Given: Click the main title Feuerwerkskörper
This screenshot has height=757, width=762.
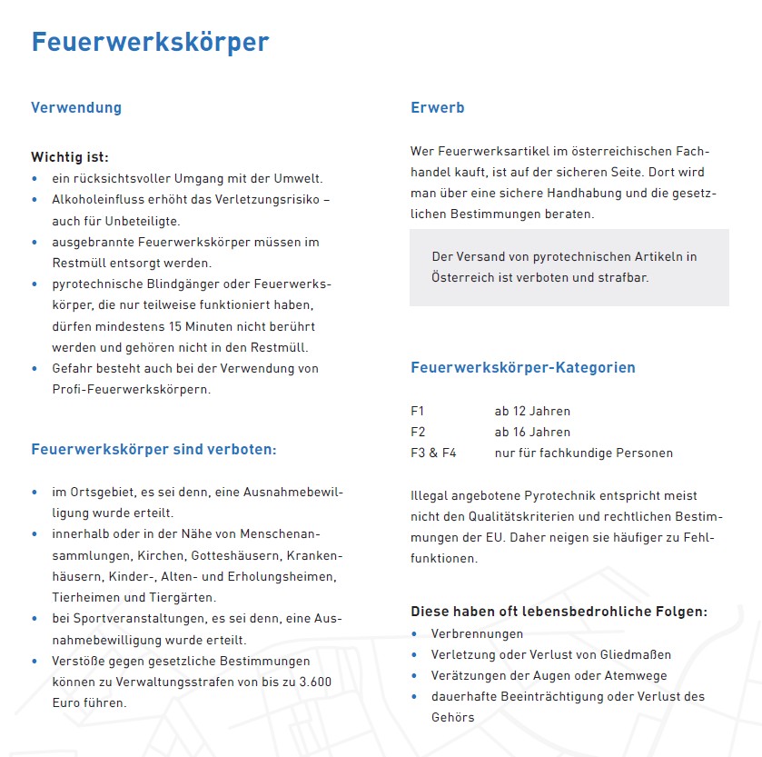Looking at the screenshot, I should pos(150,42).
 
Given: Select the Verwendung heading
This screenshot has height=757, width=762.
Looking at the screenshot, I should pos(76,107).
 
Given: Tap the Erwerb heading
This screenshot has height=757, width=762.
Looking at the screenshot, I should pos(438,107).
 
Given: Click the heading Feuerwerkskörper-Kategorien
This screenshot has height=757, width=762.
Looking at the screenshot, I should pos(523,368).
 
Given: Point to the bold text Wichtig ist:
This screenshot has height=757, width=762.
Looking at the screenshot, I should pos(70,157).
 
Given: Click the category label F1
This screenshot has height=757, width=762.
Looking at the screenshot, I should pos(418,411).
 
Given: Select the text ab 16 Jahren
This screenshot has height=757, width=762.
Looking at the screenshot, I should pos(532,432).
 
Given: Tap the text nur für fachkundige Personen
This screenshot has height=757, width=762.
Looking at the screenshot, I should pos(583,453).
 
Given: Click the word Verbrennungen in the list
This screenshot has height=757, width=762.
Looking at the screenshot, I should pos(477,633).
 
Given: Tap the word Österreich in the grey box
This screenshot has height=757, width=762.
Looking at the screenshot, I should pos(462,277).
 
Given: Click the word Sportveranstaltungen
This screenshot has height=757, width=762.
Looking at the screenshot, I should pos(131,619).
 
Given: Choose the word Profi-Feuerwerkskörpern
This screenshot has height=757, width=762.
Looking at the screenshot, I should pos(131,389).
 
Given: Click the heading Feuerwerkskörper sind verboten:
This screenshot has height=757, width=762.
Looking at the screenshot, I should pos(153,450).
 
